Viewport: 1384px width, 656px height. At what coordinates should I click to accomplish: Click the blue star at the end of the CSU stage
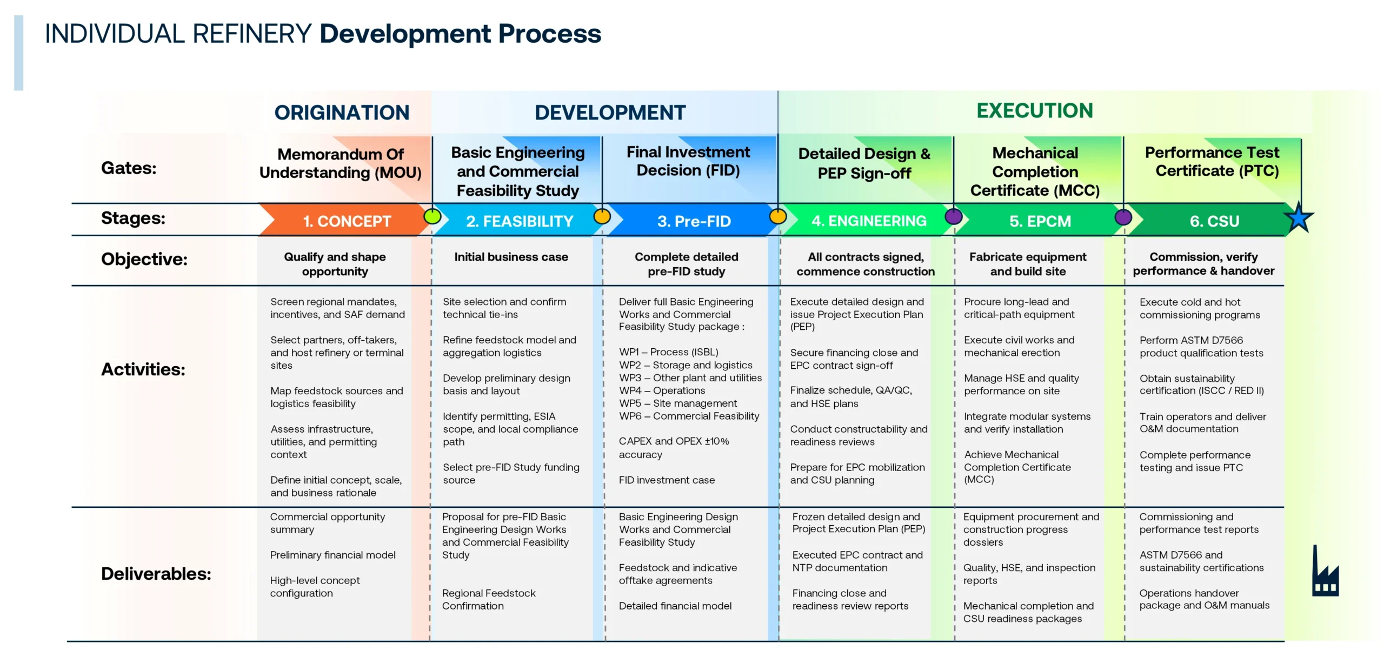pyautogui.click(x=1298, y=217)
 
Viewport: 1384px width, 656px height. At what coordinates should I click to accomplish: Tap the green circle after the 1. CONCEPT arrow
pyautogui.click(x=432, y=216)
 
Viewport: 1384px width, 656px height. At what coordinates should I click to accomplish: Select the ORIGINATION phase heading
pyautogui.click(x=342, y=112)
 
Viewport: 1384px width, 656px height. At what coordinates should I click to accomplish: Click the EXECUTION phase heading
pyautogui.click(x=1034, y=110)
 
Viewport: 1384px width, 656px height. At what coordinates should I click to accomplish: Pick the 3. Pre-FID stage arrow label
pyautogui.click(x=694, y=221)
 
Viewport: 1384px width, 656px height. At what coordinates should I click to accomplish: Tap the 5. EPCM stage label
pyautogui.click(x=1040, y=221)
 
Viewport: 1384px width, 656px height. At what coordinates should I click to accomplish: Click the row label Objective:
pyautogui.click(x=144, y=259)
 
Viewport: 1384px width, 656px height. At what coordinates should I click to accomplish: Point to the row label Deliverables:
pyautogui.click(x=156, y=573)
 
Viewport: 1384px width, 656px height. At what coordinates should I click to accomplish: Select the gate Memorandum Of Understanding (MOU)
pyautogui.click(x=341, y=163)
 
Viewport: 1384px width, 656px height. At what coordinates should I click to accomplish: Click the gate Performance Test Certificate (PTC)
pyautogui.click(x=1212, y=162)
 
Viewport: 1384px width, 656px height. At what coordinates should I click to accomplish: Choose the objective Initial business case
pyautogui.click(x=511, y=257)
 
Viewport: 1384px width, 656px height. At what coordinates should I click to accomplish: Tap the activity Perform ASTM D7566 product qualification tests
pyautogui.click(x=1201, y=347)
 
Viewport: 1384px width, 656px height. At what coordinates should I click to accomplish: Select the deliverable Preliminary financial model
pyautogui.click(x=332, y=555)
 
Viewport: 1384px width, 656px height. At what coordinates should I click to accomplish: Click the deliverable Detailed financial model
pyautogui.click(x=675, y=606)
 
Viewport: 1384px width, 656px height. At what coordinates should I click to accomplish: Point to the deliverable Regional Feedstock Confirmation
pyautogui.click(x=488, y=599)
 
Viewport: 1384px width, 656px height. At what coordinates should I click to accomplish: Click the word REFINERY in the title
pyautogui.click(x=252, y=34)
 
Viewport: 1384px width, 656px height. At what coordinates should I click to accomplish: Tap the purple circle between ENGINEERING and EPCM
pyautogui.click(x=953, y=216)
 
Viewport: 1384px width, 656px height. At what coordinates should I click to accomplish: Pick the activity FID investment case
pyautogui.click(x=666, y=480)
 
